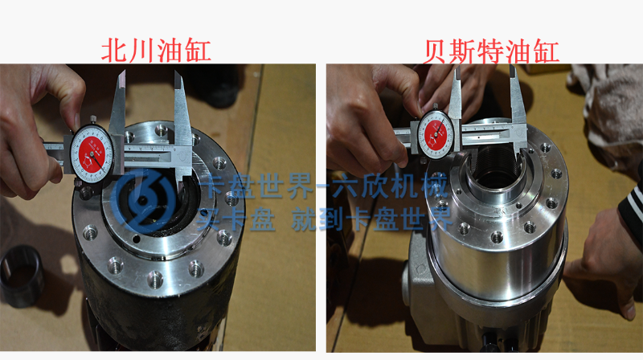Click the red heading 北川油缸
coord(156,51)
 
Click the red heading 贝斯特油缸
coord(490,51)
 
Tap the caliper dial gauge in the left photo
coord(92,154)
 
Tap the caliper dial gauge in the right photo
coord(436,134)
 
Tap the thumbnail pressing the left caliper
coord(76,121)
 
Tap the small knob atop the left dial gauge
coord(93,120)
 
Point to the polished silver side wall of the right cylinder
coord(496,263)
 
